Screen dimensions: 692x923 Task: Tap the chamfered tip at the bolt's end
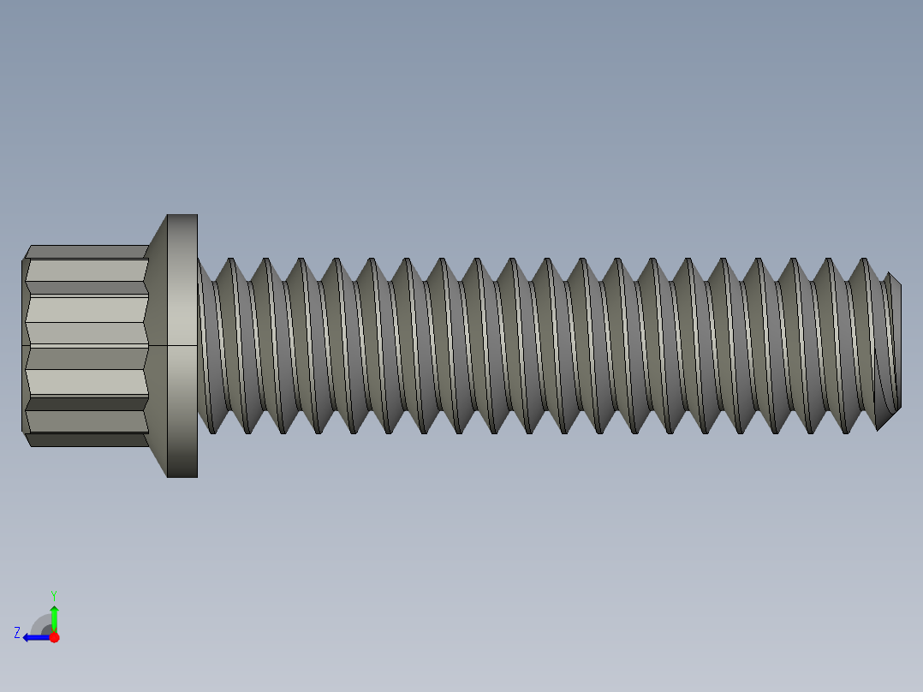click(890, 351)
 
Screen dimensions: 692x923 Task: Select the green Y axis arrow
click(54, 617)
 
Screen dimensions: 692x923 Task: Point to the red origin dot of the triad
click(54, 637)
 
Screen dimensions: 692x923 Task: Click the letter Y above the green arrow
click(53, 594)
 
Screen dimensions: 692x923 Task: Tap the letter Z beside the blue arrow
click(17, 633)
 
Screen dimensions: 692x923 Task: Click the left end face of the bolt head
click(24, 345)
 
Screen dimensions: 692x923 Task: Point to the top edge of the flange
click(182, 215)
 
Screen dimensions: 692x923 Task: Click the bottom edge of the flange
click(182, 476)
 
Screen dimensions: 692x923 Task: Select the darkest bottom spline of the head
click(86, 440)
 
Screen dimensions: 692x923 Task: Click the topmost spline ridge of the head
click(86, 251)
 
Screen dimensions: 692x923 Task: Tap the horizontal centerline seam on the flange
click(182, 345)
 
